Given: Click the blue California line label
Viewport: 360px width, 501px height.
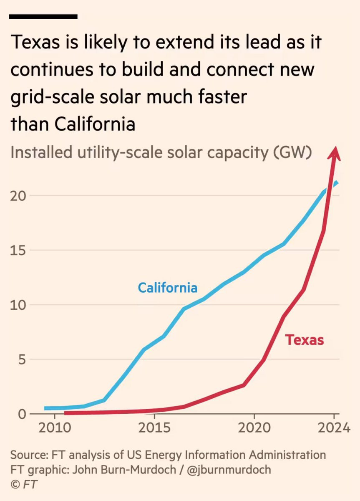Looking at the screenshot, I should pos(168,288).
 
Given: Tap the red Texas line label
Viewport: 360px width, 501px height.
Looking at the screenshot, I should pos(305,340).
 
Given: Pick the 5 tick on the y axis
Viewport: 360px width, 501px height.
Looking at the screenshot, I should pos(21,359).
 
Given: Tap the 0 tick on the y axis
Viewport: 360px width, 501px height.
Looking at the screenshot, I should pos(21,414).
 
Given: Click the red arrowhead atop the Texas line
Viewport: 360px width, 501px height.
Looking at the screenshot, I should pos(334,154).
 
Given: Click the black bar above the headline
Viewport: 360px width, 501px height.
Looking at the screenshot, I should pos(43,17).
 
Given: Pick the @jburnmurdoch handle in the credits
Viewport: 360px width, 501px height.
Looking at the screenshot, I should pos(229,469).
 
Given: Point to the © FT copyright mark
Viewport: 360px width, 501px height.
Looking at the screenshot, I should pos(24,484).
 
